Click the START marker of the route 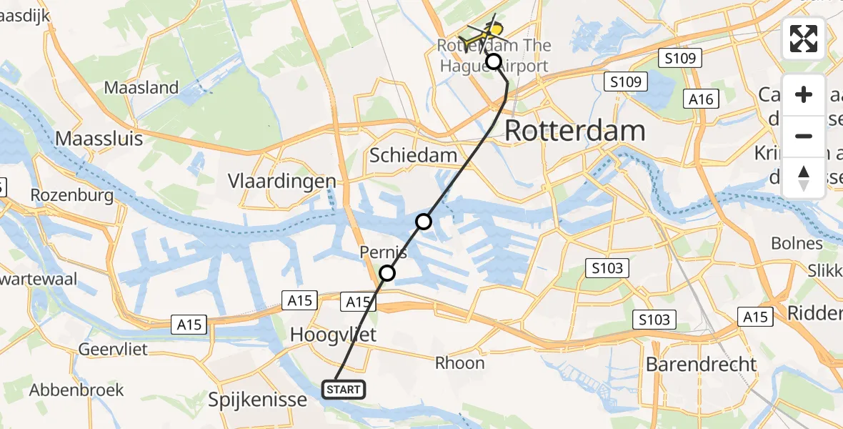click(345, 390)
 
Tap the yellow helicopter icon click(484, 33)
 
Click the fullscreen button click(804, 39)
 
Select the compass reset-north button click(804, 178)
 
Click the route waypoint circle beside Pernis click(387, 272)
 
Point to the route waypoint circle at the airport click(494, 61)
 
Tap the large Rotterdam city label click(575, 131)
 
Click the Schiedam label click(413, 155)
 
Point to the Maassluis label click(99, 138)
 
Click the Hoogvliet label click(334, 334)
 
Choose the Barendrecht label click(701, 364)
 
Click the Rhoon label click(461, 363)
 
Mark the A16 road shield click(701, 99)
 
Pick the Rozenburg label click(71, 194)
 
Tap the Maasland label click(141, 88)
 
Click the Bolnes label click(797, 243)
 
